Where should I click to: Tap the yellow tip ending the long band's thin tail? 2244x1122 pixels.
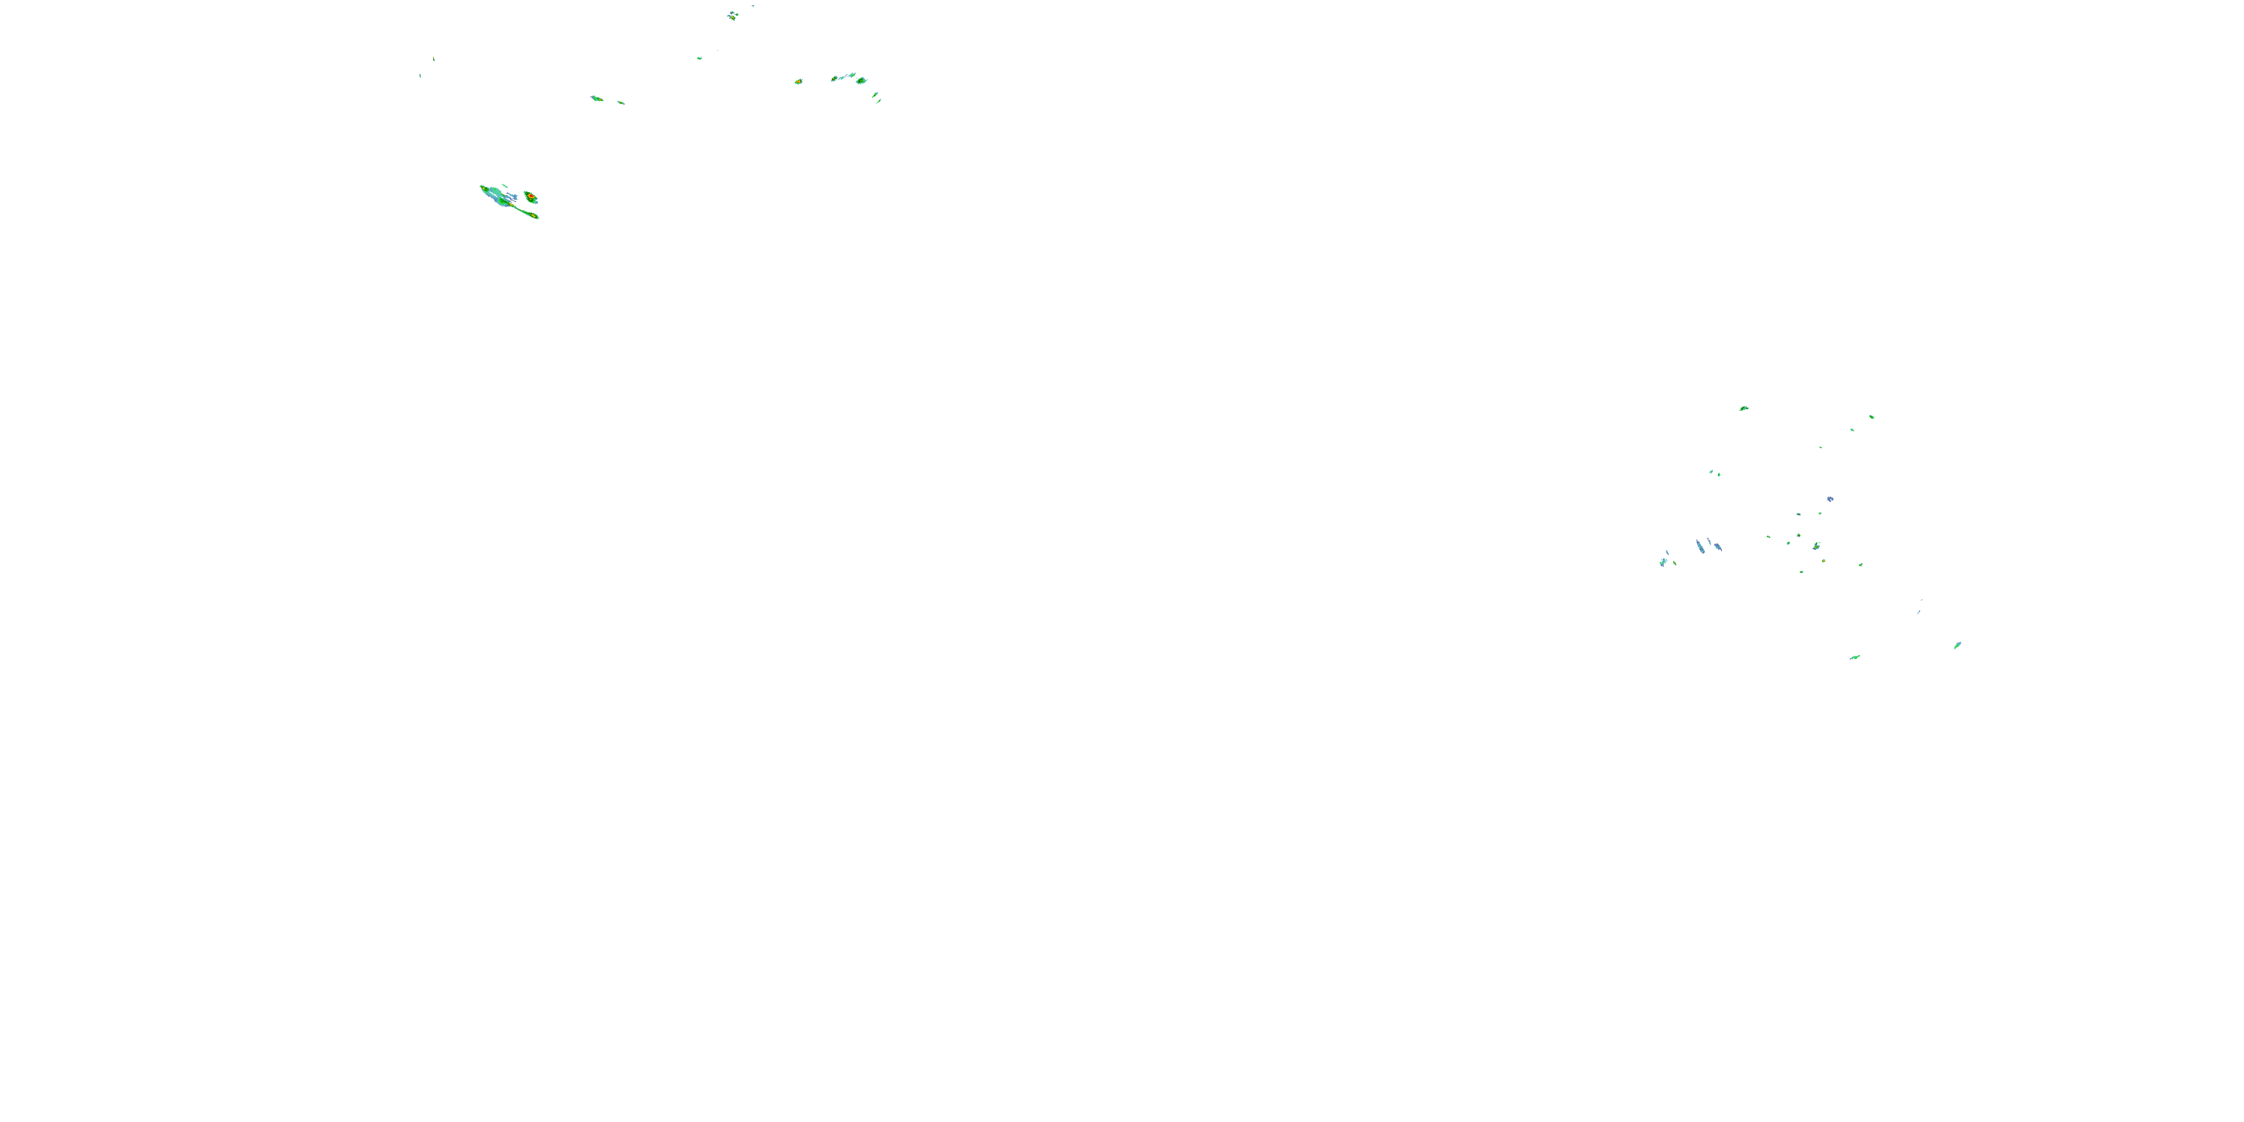click(534, 215)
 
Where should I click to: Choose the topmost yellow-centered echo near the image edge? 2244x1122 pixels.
click(732, 15)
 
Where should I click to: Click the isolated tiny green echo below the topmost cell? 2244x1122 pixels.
click(699, 58)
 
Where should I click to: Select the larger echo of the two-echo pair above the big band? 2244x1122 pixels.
click(597, 99)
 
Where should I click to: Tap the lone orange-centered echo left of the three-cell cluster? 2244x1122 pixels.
click(798, 82)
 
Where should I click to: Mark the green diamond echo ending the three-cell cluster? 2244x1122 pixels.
click(862, 80)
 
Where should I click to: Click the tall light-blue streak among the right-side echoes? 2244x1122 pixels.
click(1699, 546)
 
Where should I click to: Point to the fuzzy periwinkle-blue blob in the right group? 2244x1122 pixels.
click(1830, 499)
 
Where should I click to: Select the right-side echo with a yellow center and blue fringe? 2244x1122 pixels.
click(1816, 546)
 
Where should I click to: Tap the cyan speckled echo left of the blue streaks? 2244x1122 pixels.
click(1663, 562)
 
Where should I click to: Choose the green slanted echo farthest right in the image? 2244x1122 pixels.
click(1958, 646)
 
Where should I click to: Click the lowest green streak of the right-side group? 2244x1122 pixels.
click(1854, 657)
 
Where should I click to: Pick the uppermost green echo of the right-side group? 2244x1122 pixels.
click(1743, 408)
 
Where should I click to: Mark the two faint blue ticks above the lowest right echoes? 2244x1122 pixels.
click(1920, 607)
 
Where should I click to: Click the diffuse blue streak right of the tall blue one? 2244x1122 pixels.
click(1717, 547)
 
